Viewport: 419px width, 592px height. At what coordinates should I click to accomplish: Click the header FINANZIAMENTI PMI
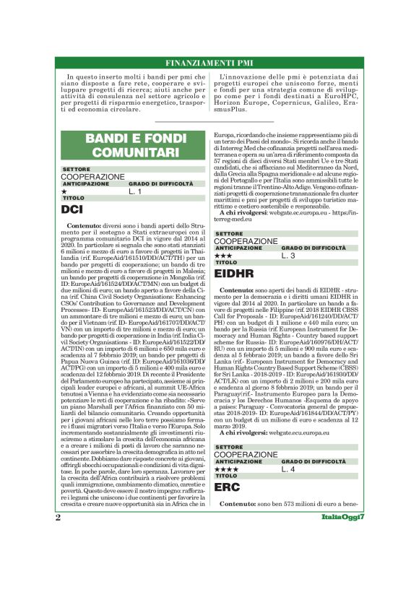(209, 62)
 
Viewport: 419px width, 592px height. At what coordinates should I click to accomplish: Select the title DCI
(73, 210)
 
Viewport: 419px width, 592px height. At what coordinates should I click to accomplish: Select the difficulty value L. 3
(289, 255)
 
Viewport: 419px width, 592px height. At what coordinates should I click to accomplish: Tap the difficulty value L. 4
(289, 469)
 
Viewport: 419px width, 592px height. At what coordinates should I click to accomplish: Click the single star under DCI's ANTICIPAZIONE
(64, 191)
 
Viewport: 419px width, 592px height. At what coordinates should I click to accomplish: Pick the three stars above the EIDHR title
(223, 255)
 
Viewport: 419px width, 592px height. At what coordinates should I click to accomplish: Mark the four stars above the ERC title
(226, 469)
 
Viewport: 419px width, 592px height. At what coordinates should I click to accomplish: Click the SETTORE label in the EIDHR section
(230, 234)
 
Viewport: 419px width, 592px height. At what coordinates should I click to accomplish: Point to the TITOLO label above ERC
(227, 476)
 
